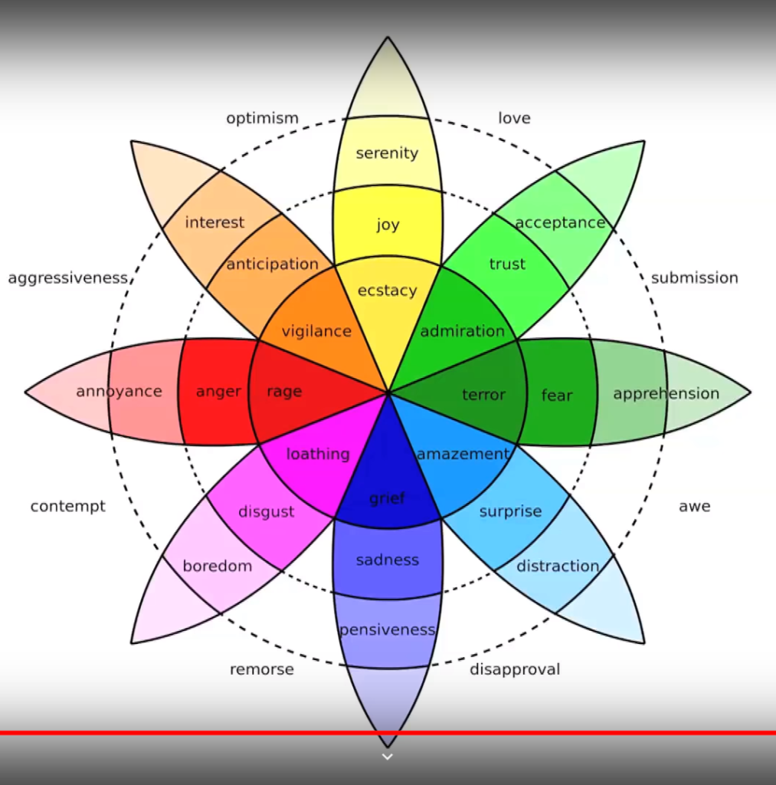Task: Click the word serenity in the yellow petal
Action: [387, 153]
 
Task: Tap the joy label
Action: [388, 225]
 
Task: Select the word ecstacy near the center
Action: [388, 291]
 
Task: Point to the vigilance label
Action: [316, 331]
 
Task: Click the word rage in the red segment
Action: [284, 392]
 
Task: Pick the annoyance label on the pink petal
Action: [119, 392]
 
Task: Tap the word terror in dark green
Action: [483, 395]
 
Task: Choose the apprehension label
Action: [666, 394]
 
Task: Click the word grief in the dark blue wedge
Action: [387, 498]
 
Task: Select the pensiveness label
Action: [387, 630]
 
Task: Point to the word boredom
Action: [217, 567]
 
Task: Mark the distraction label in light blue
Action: [558, 567]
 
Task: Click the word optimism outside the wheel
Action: [262, 119]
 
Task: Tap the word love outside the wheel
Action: [514, 118]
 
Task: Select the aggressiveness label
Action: [67, 278]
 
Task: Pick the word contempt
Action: [68, 507]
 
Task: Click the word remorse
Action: [261, 670]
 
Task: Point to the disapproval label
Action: [515, 670]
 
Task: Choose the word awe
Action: [694, 507]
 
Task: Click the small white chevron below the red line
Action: [388, 757]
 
